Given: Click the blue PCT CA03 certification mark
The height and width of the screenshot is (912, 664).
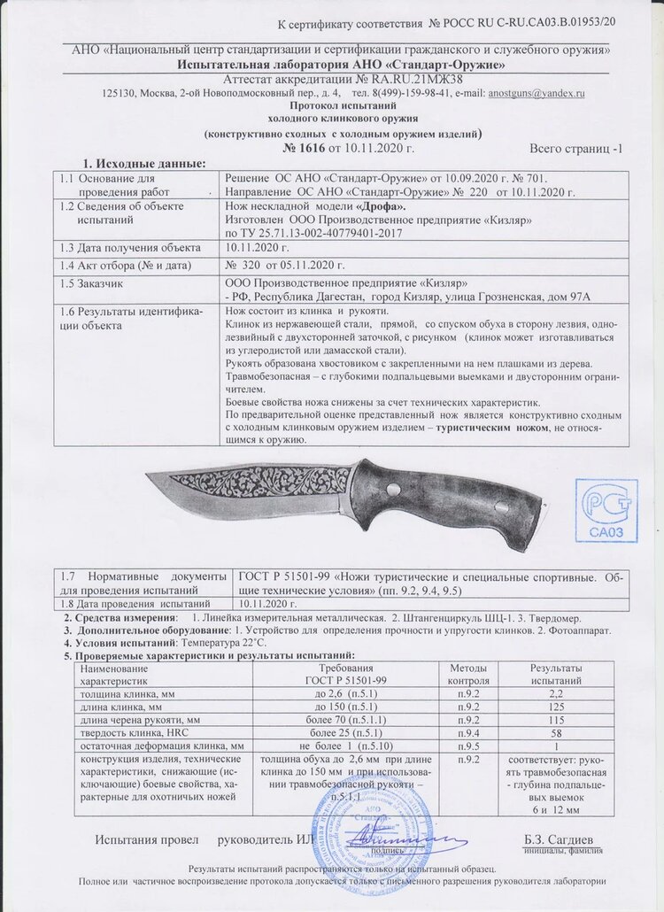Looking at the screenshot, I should (x=606, y=510).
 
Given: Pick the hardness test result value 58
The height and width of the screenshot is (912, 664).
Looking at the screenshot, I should (x=555, y=734).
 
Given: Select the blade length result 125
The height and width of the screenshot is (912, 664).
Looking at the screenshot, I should (x=555, y=707).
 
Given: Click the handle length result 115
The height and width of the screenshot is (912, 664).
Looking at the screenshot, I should (x=555, y=721).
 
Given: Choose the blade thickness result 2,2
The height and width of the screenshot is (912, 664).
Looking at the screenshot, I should (x=555, y=694).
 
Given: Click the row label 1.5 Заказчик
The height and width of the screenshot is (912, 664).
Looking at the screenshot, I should (x=92, y=283).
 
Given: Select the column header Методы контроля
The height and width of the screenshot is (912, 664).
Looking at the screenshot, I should (x=468, y=673).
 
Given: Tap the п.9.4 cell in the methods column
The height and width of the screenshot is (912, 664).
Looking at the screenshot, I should (x=468, y=734).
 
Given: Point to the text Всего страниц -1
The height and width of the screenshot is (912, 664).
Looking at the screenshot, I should (x=575, y=148).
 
